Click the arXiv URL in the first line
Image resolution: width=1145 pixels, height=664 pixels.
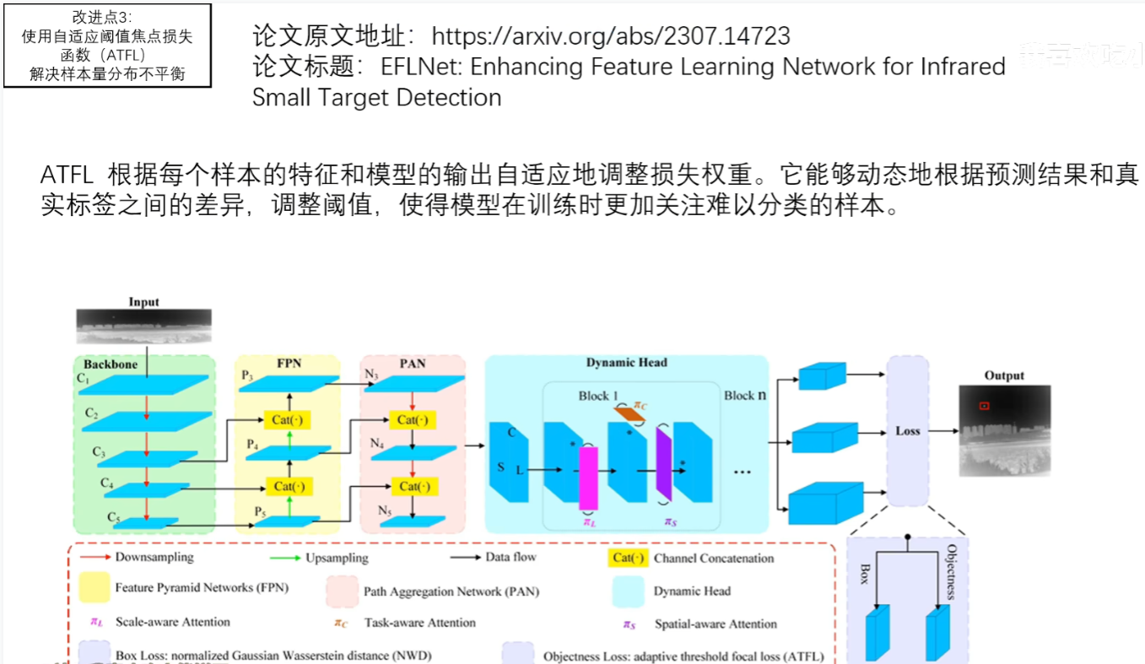[611, 35]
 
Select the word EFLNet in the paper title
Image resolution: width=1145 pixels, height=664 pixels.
[419, 67]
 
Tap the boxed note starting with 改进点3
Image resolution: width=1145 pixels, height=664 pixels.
[107, 46]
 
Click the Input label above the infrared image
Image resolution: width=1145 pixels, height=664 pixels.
[143, 302]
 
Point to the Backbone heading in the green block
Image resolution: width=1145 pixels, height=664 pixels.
[110, 364]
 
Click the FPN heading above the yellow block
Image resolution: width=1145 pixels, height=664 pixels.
[289, 364]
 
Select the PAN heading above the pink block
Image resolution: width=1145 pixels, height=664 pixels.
[413, 364]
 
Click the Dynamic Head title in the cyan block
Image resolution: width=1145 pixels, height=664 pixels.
[626, 363]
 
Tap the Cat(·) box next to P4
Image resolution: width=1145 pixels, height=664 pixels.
[289, 419]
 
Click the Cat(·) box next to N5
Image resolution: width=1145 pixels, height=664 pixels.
[413, 487]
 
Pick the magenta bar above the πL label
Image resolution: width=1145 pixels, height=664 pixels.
[588, 478]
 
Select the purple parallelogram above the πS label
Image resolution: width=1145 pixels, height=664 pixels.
[662, 473]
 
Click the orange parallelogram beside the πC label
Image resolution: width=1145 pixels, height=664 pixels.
[629, 413]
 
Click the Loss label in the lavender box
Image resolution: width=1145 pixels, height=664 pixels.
[907, 430]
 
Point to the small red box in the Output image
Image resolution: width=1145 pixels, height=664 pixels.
[984, 406]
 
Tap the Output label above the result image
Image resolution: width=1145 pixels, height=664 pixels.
[1004, 375]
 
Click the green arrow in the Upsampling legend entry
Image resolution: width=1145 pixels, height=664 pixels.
[283, 558]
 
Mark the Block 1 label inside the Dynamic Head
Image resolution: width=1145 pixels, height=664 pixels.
[598, 396]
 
